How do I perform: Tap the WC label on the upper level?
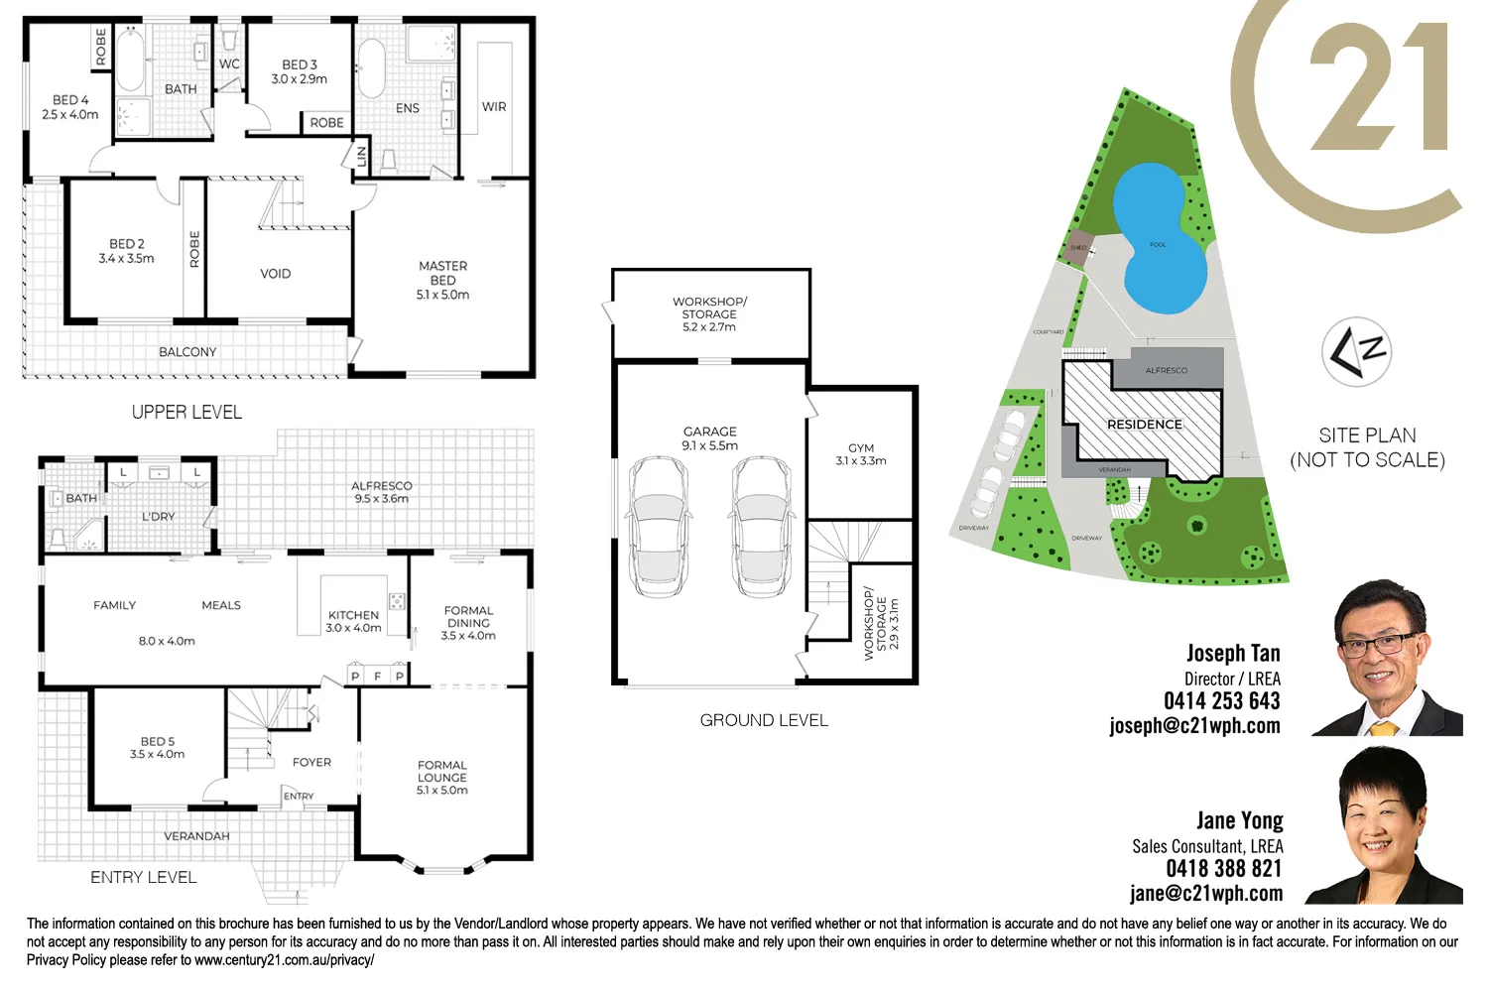229,64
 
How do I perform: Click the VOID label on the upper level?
275,274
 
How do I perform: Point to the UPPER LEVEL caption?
186,412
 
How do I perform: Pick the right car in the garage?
762,526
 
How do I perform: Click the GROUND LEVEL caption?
764,720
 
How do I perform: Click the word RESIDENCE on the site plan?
1144,425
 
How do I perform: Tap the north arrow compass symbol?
1357,352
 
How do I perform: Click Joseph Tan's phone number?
1221,701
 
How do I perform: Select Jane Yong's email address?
1205,893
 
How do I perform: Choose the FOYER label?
311,762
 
